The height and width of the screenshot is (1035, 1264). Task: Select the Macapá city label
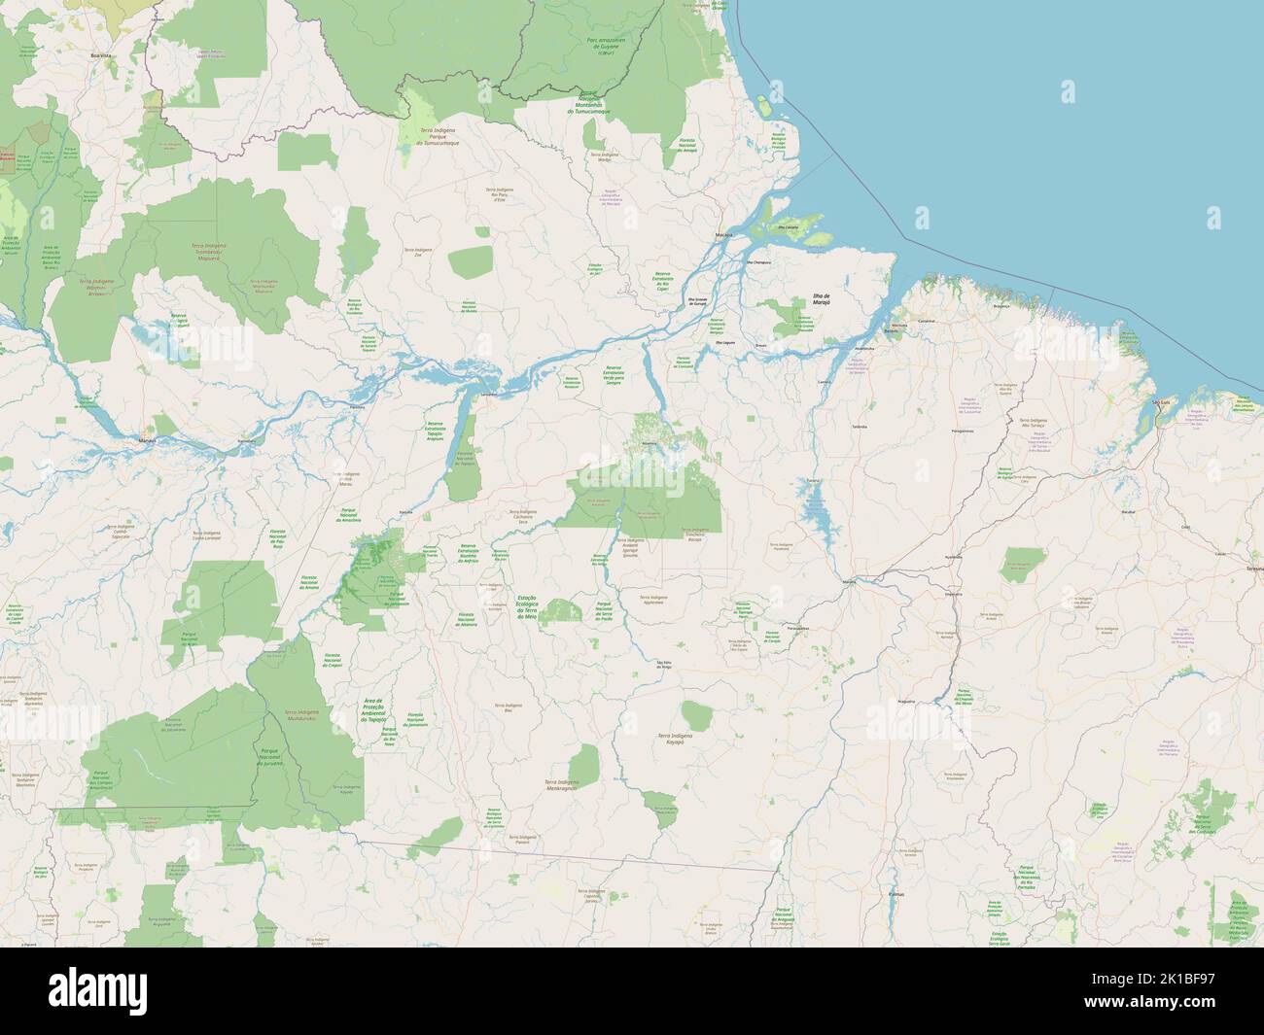[x=723, y=235]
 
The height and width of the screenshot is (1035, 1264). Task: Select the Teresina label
[x=1252, y=567]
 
